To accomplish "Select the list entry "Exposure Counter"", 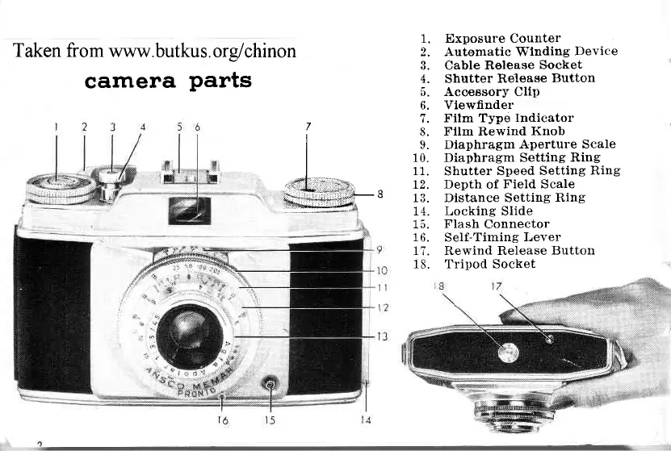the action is click(502, 38).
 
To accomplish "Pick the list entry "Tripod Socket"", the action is click(489, 264).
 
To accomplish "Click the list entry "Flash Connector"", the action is click(497, 223).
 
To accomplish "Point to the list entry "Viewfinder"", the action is click(479, 105).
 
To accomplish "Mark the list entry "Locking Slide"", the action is click(489, 211).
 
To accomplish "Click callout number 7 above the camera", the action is click(308, 127).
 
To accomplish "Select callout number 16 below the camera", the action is click(222, 420).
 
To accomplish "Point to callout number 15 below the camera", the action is click(270, 420).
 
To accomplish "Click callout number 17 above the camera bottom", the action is click(497, 284).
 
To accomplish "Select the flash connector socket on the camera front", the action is click(270, 385).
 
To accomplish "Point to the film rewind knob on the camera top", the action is click(319, 192).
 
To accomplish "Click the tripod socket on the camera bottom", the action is click(508, 352).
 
